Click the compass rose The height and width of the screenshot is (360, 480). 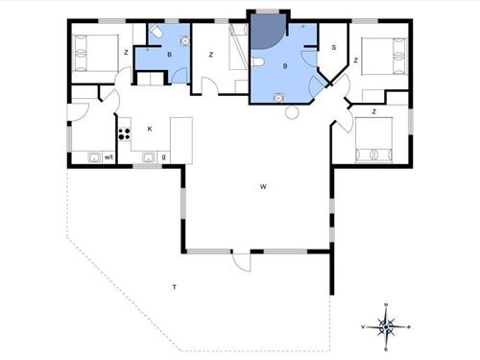(385, 326)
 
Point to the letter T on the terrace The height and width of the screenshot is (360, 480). (174, 286)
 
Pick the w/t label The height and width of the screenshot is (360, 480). (109, 157)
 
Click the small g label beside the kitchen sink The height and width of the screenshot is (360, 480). (164, 157)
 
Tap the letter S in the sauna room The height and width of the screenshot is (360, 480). (333, 47)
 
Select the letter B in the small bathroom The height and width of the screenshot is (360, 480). (169, 56)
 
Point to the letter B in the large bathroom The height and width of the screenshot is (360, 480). (284, 65)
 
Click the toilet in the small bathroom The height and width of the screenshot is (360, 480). (156, 32)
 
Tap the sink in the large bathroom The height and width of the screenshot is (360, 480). (277, 96)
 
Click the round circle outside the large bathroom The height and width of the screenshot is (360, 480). (292, 112)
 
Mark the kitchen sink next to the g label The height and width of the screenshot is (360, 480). (149, 157)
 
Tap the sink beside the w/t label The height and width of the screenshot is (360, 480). (93, 157)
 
